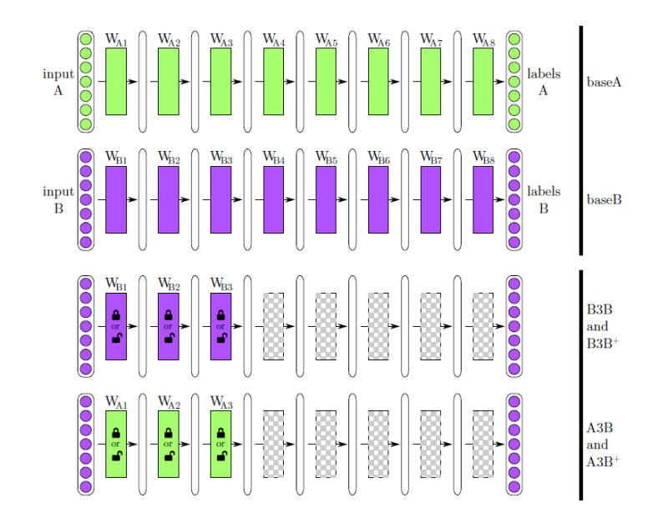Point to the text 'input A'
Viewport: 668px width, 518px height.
(x=58, y=82)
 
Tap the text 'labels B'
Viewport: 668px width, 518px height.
(x=543, y=199)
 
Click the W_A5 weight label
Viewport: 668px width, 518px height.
(x=326, y=40)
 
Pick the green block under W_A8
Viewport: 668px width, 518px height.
(x=483, y=81)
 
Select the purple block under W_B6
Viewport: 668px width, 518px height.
(x=378, y=199)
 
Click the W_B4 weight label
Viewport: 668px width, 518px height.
(x=274, y=158)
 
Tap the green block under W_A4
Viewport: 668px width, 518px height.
(x=274, y=81)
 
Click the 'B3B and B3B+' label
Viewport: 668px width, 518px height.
(x=605, y=324)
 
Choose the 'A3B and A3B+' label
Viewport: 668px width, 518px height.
(x=605, y=444)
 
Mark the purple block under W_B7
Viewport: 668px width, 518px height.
(x=431, y=199)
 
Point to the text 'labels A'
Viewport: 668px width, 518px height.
(x=543, y=82)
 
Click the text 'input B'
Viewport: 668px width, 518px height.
(x=58, y=199)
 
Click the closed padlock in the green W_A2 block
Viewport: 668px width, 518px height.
(x=169, y=433)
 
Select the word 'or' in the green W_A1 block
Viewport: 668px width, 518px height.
(x=116, y=444)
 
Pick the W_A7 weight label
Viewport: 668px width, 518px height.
(x=431, y=40)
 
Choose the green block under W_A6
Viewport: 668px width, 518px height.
(x=378, y=81)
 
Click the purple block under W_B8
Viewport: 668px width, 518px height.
(x=483, y=199)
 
